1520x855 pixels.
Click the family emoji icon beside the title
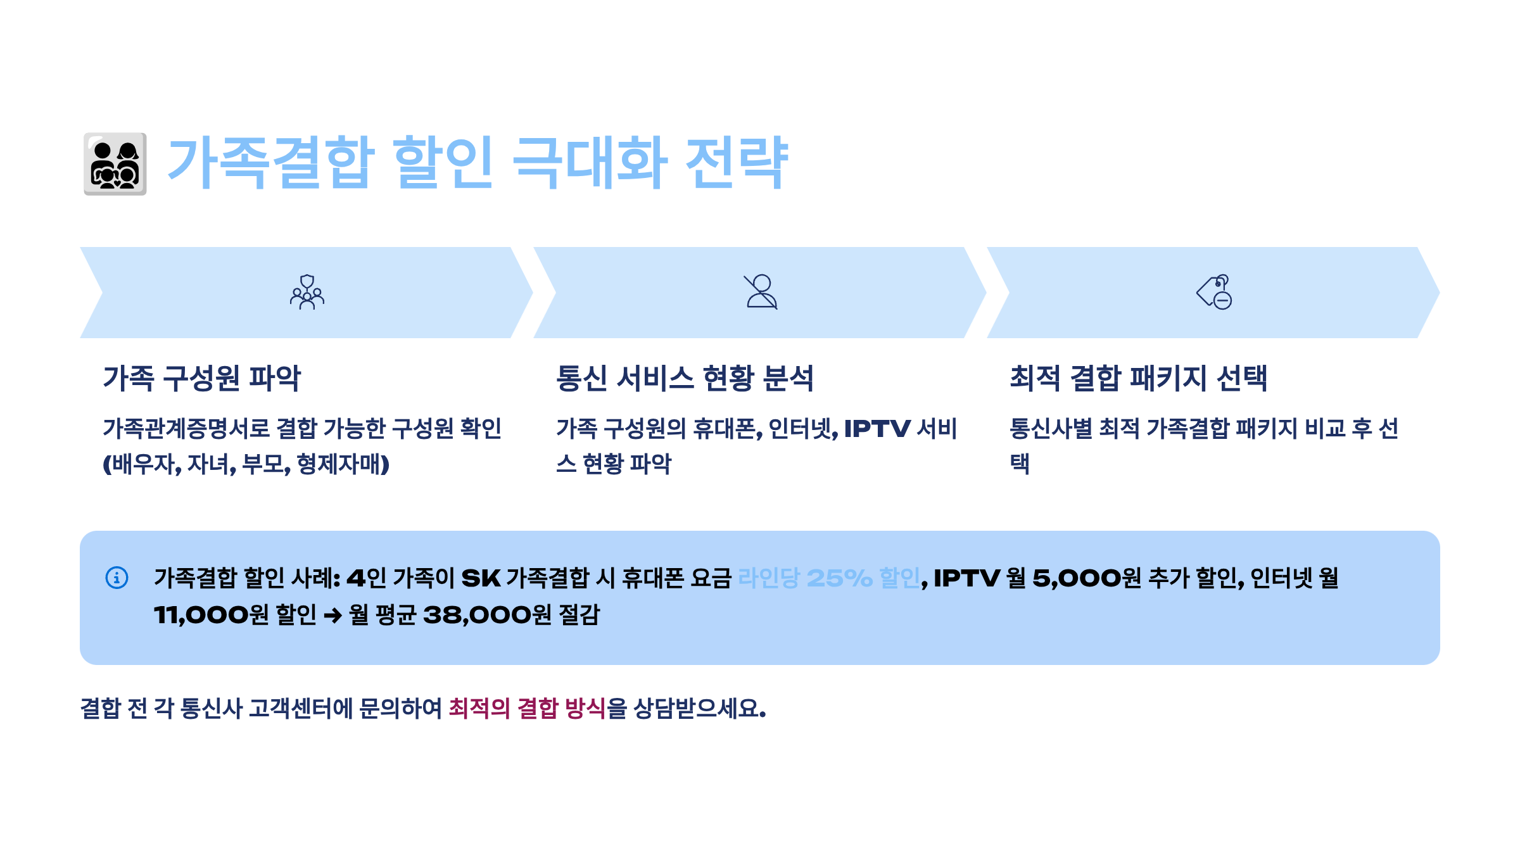point(115,164)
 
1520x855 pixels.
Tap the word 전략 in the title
point(737,163)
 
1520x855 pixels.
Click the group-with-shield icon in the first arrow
point(307,292)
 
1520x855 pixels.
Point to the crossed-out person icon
point(761,292)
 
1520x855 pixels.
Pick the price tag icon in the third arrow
point(1214,292)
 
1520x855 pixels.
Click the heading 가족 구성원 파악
point(202,378)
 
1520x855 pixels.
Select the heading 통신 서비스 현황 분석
point(685,378)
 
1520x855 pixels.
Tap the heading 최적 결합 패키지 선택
point(1138,378)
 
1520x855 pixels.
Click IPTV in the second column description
point(877,429)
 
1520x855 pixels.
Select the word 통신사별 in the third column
point(1051,429)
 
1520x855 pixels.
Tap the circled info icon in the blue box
point(117,578)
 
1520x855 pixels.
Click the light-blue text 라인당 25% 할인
point(829,578)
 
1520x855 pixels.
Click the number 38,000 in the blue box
point(478,614)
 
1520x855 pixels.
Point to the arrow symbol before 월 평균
point(332,615)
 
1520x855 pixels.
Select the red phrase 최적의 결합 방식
point(527,708)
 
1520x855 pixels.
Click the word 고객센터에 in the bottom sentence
point(300,708)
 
